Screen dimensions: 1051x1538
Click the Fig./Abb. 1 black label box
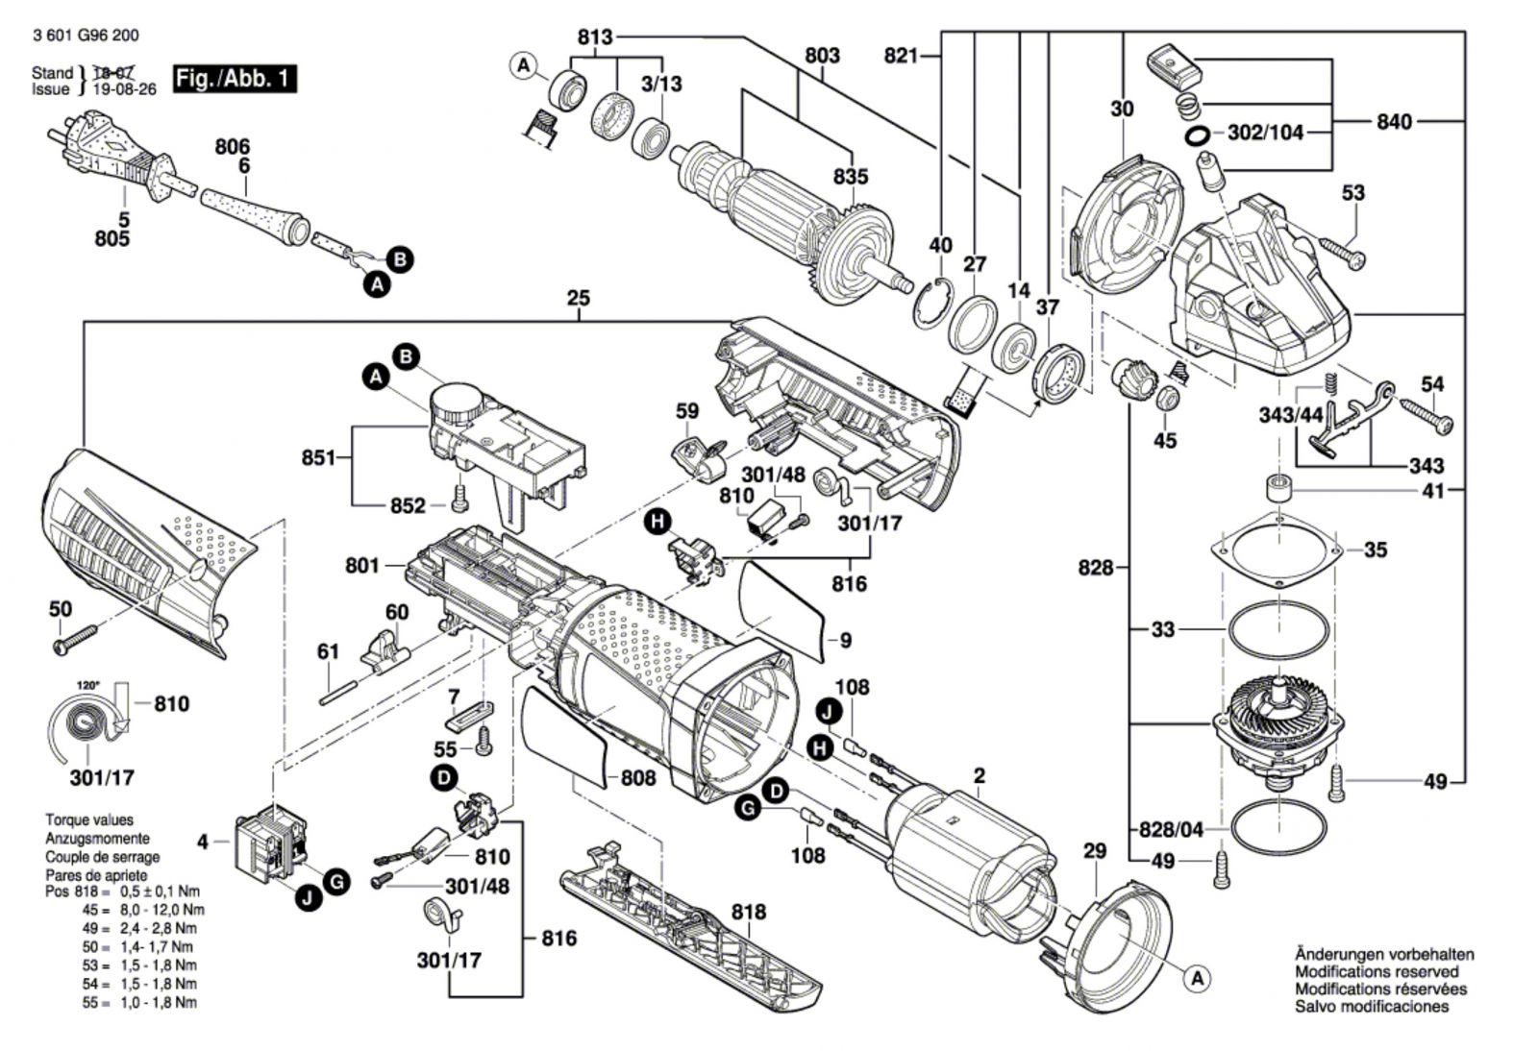click(x=235, y=78)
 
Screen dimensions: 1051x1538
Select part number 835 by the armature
click(x=851, y=177)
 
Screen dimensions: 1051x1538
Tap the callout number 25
click(x=578, y=299)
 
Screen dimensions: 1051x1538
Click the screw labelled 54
click(x=1426, y=415)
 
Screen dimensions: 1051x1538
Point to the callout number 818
click(x=748, y=912)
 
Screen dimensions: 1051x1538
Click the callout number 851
click(x=319, y=457)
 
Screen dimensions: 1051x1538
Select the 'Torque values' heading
click(x=89, y=820)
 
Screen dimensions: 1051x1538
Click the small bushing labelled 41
click(x=1278, y=488)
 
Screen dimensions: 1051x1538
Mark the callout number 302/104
click(x=1265, y=133)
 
